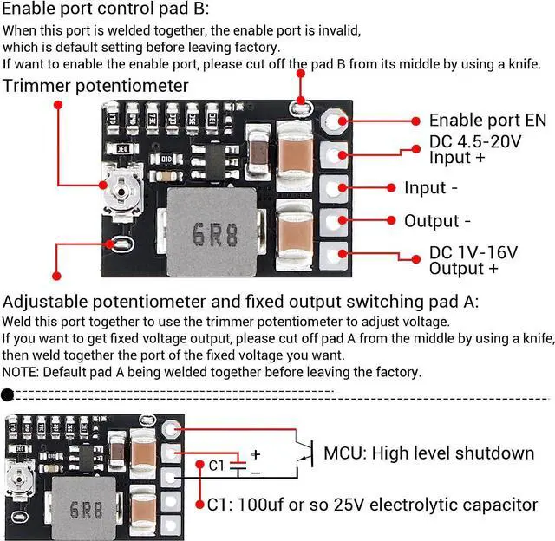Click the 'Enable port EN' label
(487, 121)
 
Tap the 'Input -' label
(431, 188)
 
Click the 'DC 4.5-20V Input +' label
(475, 149)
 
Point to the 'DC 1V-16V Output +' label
(473, 260)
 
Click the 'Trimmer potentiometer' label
(95, 86)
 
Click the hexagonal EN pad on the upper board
(334, 121)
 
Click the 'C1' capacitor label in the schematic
(217, 466)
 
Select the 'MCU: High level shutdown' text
(428, 453)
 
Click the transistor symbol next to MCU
(301, 453)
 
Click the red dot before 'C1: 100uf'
(200, 504)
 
